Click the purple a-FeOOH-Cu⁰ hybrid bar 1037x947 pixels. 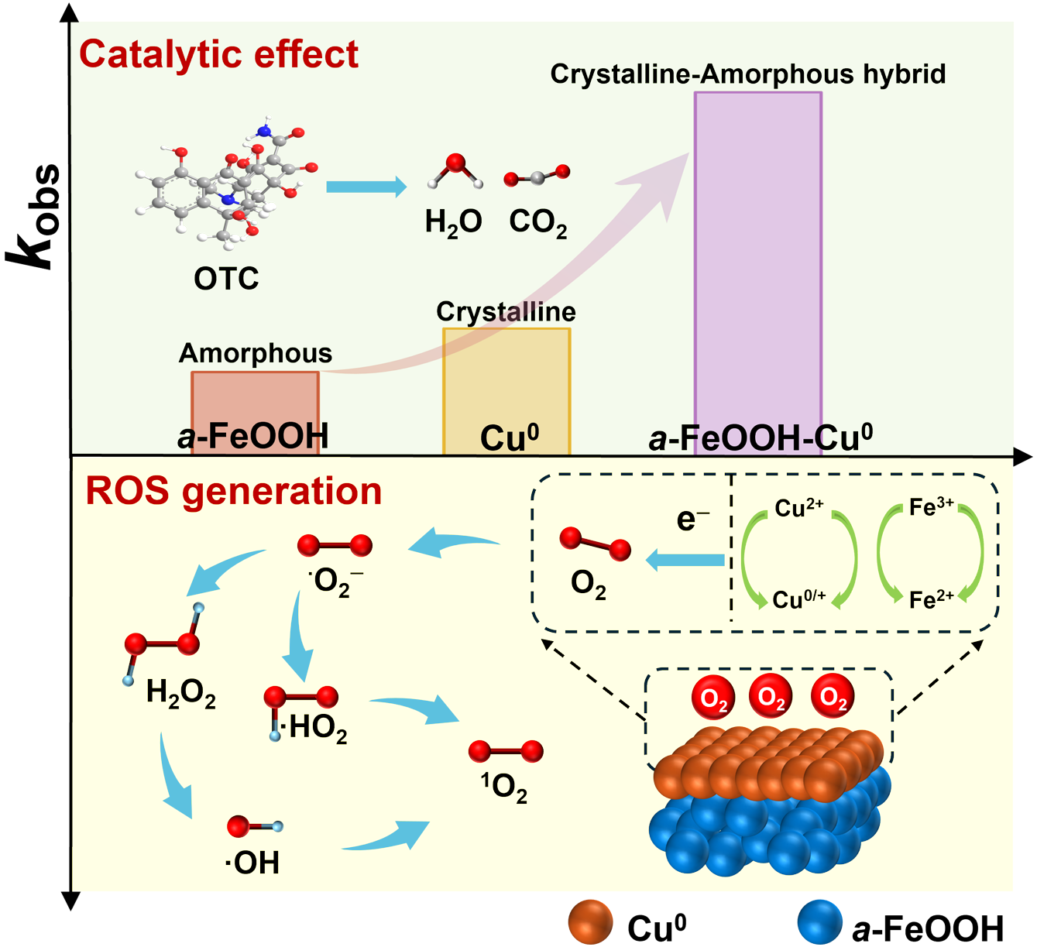pyautogui.click(x=758, y=273)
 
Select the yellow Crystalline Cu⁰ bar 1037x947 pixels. pyautogui.click(x=506, y=391)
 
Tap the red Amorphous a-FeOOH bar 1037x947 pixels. pyautogui.click(x=256, y=413)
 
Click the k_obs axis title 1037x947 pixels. pyautogui.click(x=33, y=217)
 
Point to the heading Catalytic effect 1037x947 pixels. pyautogui.click(x=218, y=54)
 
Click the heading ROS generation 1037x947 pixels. pyautogui.click(x=234, y=491)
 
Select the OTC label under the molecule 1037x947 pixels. pyautogui.click(x=226, y=279)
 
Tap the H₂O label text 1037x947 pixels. pyautogui.click(x=453, y=223)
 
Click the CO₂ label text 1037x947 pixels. pyautogui.click(x=538, y=223)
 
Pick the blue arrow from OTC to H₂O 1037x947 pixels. pyautogui.click(x=366, y=187)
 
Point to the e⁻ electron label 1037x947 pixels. pyautogui.click(x=692, y=519)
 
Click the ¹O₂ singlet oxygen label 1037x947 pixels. pyautogui.click(x=504, y=787)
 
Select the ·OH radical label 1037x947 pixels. pyautogui.click(x=252, y=863)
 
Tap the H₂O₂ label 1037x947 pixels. pyautogui.click(x=181, y=693)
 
